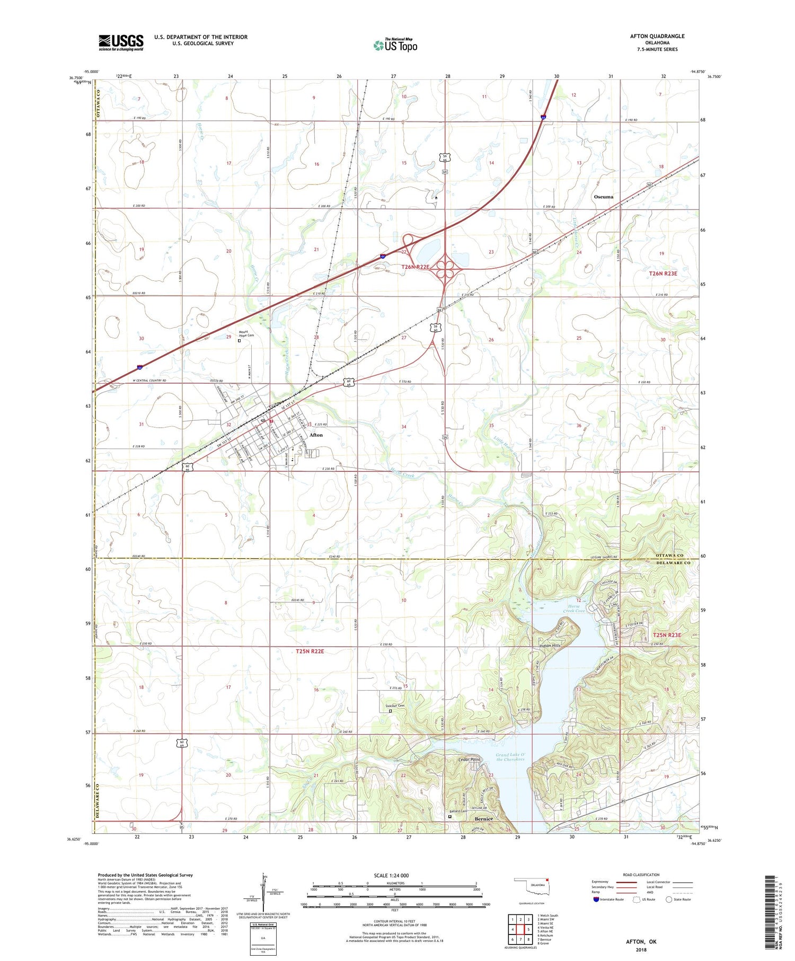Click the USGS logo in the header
pyautogui.click(x=121, y=42)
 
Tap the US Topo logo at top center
pyautogui.click(x=395, y=45)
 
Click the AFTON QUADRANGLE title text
pyautogui.click(x=657, y=36)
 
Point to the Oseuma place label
pyautogui.click(x=603, y=197)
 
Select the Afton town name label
pyautogui.click(x=316, y=435)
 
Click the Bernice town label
pyautogui.click(x=483, y=819)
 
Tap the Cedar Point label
pyautogui.click(x=469, y=760)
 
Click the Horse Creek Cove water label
pyautogui.click(x=574, y=609)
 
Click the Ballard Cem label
pyautogui.click(x=458, y=811)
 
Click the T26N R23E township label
pyautogui.click(x=663, y=274)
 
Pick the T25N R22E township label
pyautogui.click(x=310, y=651)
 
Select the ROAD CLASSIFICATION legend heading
pyautogui.click(x=641, y=875)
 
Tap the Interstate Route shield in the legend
pyautogui.click(x=596, y=899)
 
